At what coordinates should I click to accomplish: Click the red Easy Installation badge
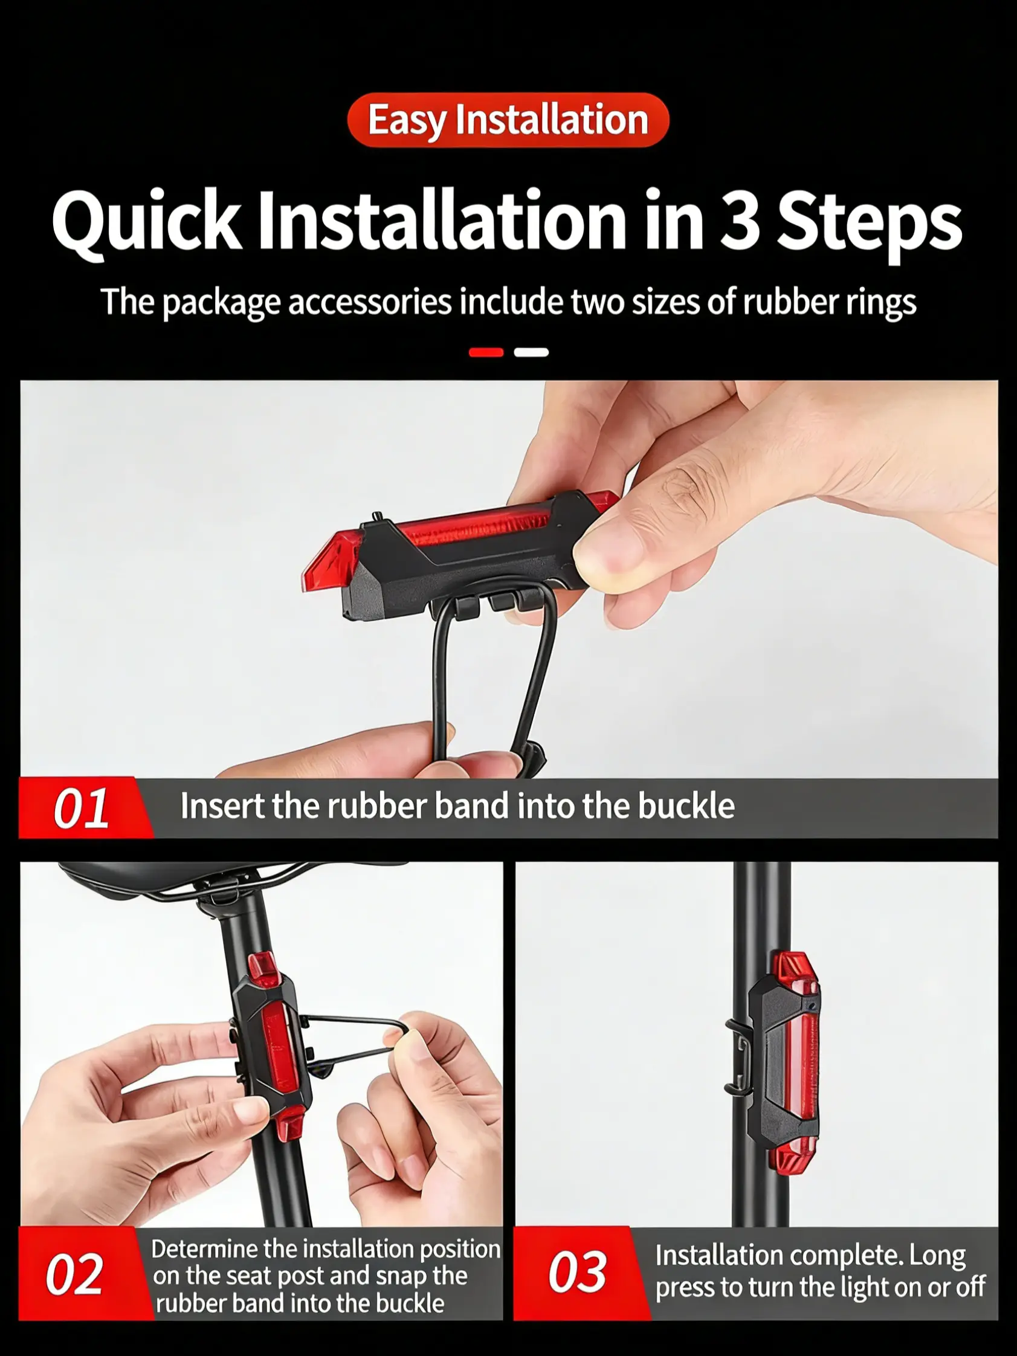pyautogui.click(x=508, y=120)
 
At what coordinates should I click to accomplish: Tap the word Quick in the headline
pyautogui.click(x=146, y=222)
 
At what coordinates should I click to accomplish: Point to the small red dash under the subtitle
pyautogui.click(x=486, y=352)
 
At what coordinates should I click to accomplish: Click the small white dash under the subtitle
pyautogui.click(x=532, y=352)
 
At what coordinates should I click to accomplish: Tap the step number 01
pyautogui.click(x=81, y=808)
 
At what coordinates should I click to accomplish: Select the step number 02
pyautogui.click(x=74, y=1274)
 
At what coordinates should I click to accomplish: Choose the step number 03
pyautogui.click(x=578, y=1271)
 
